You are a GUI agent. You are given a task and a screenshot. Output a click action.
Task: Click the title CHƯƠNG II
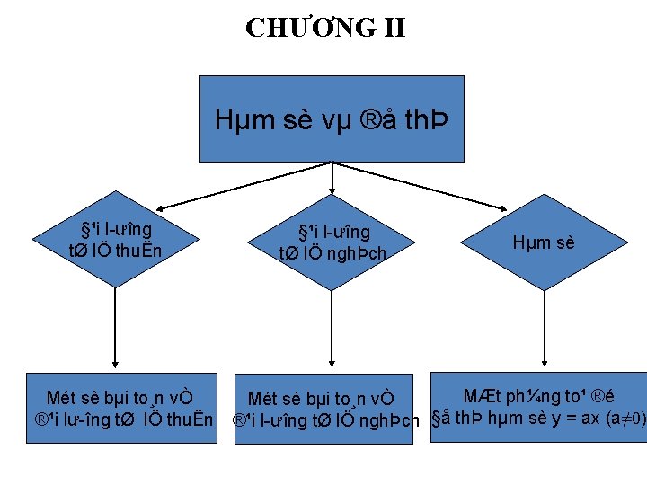[x=325, y=28]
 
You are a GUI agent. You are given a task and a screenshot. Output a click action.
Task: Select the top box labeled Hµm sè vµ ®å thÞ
[x=332, y=118]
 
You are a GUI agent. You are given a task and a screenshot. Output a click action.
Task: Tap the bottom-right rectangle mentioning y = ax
[x=537, y=407]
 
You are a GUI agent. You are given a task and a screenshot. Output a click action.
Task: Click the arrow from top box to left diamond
[x=225, y=186]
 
